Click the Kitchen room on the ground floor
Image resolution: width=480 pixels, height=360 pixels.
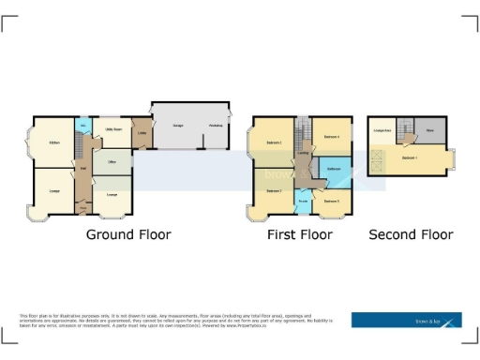[52, 142]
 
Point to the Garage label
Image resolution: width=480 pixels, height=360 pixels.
[176, 125]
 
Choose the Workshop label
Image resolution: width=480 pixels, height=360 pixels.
[215, 125]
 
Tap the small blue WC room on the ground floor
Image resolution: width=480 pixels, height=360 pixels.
[82, 125]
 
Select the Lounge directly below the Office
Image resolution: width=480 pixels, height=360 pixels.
[112, 193]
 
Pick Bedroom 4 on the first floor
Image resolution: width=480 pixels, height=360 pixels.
[331, 137]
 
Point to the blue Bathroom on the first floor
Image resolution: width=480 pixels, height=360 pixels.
[333, 170]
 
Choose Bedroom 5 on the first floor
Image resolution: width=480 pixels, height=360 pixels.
[331, 201]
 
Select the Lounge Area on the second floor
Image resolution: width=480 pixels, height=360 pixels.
[381, 131]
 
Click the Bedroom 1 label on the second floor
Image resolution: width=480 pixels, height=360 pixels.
[410, 159]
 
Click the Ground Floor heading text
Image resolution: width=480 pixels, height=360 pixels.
[128, 234]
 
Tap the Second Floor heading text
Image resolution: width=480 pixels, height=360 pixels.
[411, 234]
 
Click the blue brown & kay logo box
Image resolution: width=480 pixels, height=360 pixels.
[406, 320]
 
